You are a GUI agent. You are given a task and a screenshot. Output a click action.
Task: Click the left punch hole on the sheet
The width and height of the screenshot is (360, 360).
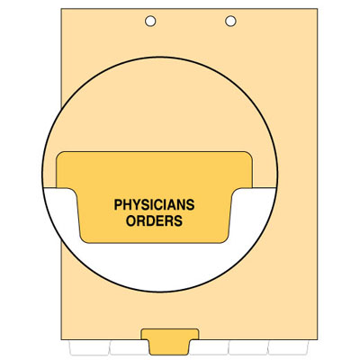click(x=150, y=22)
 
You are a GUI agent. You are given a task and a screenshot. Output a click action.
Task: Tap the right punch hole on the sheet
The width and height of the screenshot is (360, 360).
click(x=230, y=21)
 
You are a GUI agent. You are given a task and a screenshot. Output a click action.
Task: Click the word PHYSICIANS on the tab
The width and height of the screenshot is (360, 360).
click(x=154, y=204)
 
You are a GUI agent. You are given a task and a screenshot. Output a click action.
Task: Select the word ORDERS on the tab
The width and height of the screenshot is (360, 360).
click(x=154, y=220)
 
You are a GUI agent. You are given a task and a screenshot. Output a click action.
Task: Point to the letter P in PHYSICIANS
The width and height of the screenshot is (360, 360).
click(x=118, y=204)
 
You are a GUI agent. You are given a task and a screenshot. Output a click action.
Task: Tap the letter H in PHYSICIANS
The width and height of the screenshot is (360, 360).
click(x=128, y=204)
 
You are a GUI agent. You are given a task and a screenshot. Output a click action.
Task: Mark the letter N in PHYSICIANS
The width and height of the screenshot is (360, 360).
click(x=182, y=204)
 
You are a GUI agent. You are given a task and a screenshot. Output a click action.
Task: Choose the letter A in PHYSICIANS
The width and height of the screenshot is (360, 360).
click(x=173, y=204)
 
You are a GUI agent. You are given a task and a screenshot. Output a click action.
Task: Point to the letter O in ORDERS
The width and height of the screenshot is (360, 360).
click(x=131, y=220)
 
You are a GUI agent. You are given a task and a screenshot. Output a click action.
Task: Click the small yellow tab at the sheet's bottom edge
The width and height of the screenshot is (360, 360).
click(x=170, y=342)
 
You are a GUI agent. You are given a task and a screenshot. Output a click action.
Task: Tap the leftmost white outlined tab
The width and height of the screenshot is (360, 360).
click(x=89, y=347)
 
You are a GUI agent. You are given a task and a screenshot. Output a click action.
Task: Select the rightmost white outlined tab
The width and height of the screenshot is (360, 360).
click(x=288, y=347)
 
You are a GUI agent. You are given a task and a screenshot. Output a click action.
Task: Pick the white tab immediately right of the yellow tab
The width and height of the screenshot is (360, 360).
click(x=210, y=347)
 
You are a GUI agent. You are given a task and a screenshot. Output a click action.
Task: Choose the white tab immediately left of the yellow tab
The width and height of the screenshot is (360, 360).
click(x=130, y=347)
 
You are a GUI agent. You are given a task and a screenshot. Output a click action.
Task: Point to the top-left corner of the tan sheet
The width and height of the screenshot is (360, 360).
click(x=61, y=9)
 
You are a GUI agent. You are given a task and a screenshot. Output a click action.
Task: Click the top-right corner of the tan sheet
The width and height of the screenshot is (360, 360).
click(x=317, y=9)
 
